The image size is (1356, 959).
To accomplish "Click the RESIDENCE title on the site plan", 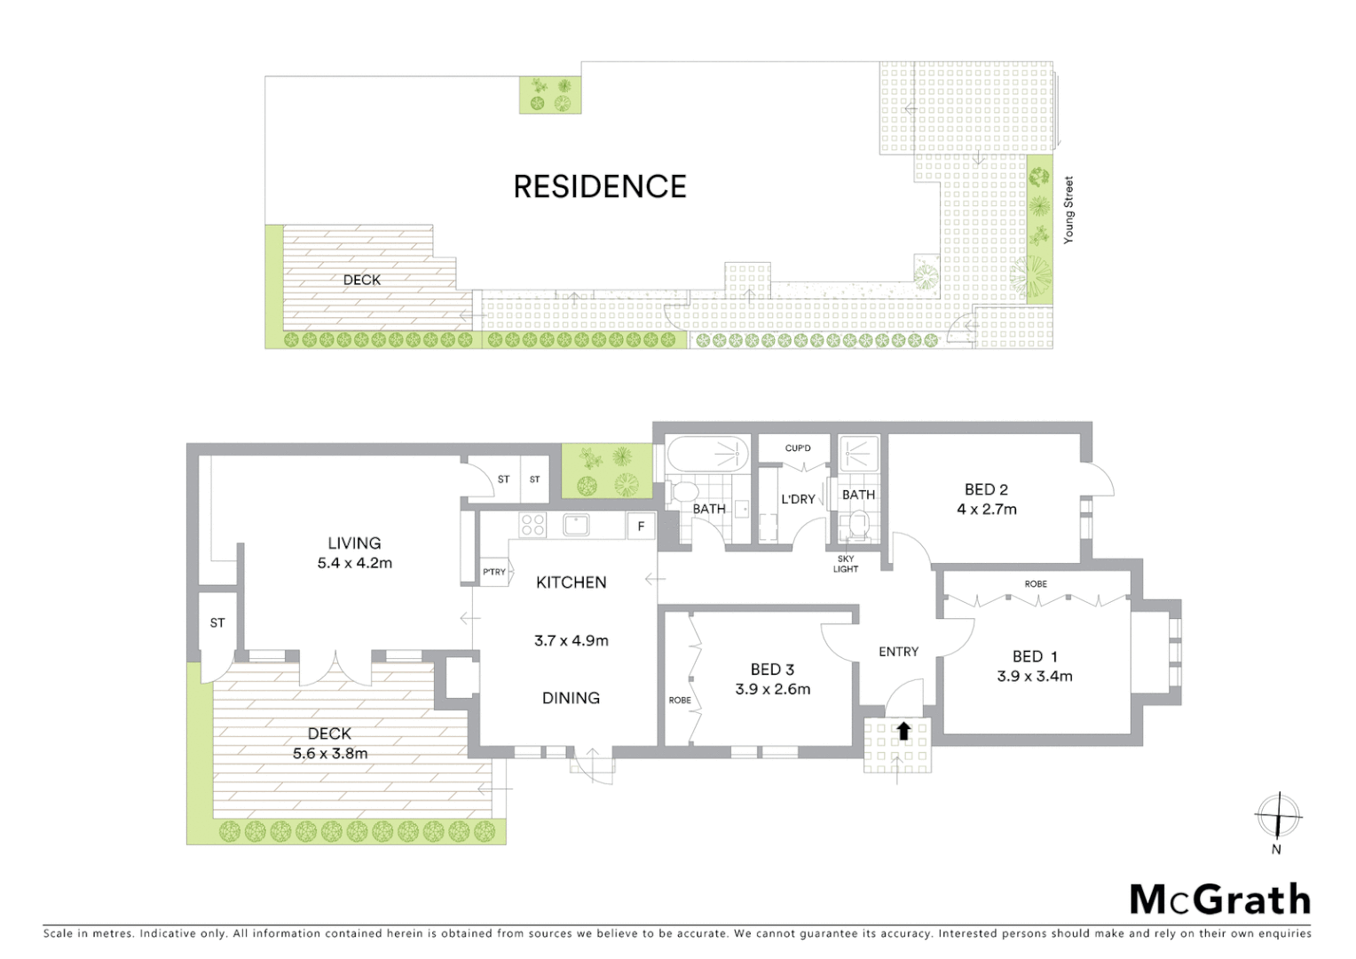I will (x=600, y=186).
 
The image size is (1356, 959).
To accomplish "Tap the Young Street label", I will (x=1068, y=210).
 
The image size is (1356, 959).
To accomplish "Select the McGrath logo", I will (x=1219, y=900).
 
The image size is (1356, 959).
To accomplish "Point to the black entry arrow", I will (x=903, y=731).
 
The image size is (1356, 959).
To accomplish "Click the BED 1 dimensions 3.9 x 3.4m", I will (x=1034, y=677).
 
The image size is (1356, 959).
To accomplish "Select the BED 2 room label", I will (x=986, y=489).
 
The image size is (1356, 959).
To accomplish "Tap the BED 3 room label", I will (x=772, y=670).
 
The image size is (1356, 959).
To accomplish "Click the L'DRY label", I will (x=798, y=499).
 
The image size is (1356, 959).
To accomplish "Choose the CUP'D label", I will (x=798, y=448).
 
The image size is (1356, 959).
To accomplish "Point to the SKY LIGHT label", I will (x=846, y=564).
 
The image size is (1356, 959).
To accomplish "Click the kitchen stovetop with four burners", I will (x=532, y=525).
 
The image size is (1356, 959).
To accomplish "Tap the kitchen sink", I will (x=577, y=525).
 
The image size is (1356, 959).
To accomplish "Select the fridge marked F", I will (x=641, y=527).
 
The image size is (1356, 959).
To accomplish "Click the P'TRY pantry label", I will (x=494, y=572).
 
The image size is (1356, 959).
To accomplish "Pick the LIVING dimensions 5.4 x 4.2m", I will (x=354, y=563).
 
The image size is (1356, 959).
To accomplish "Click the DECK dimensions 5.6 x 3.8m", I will (x=330, y=754).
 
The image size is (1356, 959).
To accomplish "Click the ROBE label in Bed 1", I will (x=1036, y=584).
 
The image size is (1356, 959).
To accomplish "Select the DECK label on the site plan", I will (x=361, y=280).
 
